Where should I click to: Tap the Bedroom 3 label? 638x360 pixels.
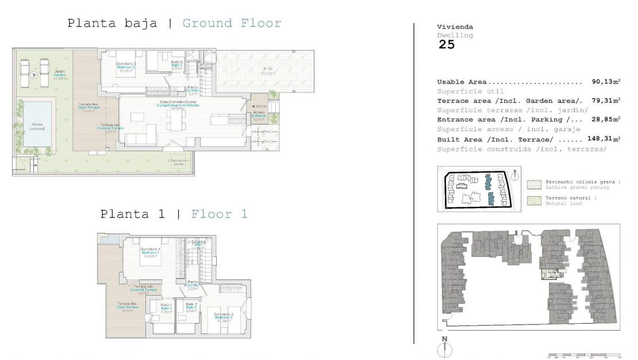125,67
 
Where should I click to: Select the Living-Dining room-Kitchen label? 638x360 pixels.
177,106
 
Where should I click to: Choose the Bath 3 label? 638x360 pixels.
176,66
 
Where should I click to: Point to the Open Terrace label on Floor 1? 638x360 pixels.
128,307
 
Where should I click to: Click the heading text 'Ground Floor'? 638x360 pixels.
232,24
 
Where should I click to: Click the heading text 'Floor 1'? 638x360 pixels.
219,215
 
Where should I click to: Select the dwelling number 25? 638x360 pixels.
446,45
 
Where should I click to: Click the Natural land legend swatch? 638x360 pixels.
534,201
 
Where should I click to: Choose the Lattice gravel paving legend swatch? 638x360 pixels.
534,184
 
